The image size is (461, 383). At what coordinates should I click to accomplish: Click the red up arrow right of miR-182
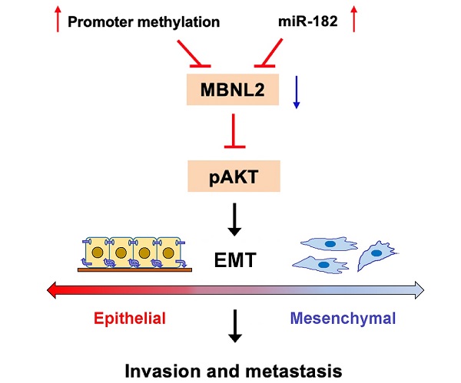353,18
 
